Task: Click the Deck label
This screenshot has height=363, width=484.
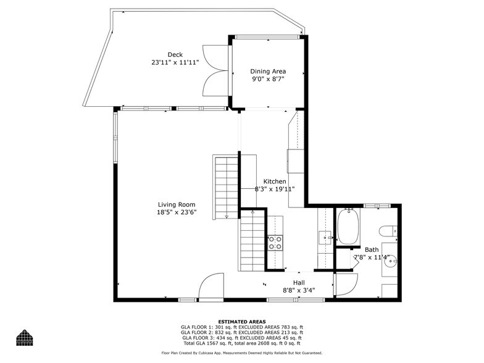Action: click(175, 55)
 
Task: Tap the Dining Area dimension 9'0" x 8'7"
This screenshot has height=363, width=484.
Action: click(267, 80)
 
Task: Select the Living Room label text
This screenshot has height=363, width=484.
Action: click(177, 204)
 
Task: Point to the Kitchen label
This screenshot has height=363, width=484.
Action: click(275, 181)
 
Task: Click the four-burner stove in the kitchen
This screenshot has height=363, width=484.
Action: click(275, 243)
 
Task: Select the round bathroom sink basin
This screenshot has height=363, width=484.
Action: click(390, 261)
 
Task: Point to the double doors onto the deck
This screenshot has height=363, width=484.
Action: click(219, 72)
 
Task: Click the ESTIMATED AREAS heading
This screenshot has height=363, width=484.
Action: click(241, 322)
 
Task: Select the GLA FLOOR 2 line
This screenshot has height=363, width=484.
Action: click(241, 332)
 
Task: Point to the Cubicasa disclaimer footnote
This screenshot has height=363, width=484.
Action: click(241, 353)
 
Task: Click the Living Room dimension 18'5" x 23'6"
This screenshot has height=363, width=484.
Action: click(177, 212)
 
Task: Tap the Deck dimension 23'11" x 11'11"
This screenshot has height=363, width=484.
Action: click(175, 62)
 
